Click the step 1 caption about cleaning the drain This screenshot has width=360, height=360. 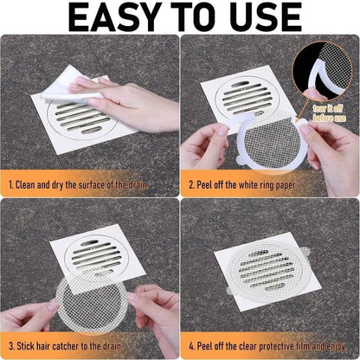pyautogui.click(x=90, y=184)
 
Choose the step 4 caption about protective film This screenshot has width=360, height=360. pyautogui.click(x=269, y=344)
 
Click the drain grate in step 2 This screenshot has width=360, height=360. pyautogui.click(x=246, y=96)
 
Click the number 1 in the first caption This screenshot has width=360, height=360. pyautogui.click(x=11, y=184)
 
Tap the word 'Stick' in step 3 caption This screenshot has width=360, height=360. pyautogui.click(x=30, y=344)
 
